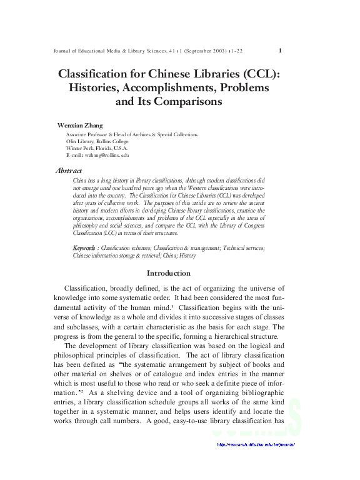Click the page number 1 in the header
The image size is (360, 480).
pyautogui.click(x=280, y=51)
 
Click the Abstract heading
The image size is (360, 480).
pyautogui.click(x=68, y=170)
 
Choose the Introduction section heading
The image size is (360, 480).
pyautogui.click(x=168, y=273)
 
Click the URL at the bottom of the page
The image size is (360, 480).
pyautogui.click(x=254, y=444)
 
